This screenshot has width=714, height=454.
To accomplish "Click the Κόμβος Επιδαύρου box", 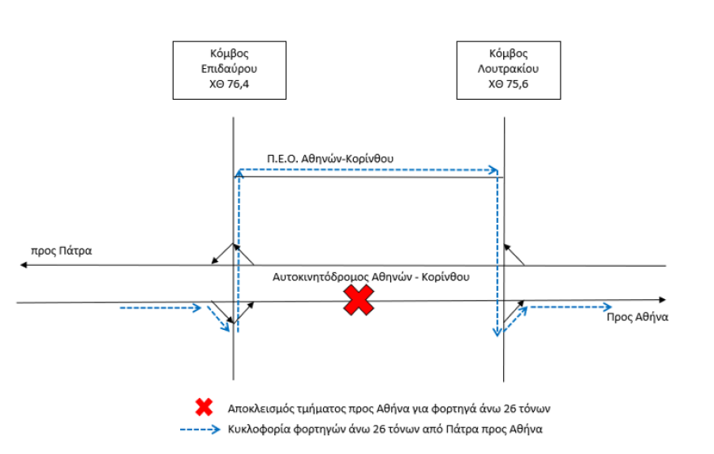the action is coord(230,70).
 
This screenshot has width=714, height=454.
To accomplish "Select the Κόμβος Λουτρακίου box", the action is coord(509,70).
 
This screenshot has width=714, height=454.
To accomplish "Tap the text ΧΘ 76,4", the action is coord(229,84).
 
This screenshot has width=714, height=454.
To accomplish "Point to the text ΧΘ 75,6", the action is coord(508,84).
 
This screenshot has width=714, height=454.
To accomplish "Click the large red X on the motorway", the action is coord(359,300).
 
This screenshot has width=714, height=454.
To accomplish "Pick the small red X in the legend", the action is coord(204,407).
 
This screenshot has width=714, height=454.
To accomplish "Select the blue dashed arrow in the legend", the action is coord(200,429).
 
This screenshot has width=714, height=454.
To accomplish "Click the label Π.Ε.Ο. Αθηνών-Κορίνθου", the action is coord(330,159).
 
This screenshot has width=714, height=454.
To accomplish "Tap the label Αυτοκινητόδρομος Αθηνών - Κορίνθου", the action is coord(371,277).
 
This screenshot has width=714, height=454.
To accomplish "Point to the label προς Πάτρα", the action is coord(62,251).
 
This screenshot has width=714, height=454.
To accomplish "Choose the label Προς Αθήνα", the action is coord(638,317).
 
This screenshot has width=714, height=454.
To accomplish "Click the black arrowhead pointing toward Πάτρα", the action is coord(24,265).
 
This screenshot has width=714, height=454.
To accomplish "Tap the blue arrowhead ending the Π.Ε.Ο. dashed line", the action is coord(493,170).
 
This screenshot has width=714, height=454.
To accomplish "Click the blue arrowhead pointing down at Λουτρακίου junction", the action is coord(497,332).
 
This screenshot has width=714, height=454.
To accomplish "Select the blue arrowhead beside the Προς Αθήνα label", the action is coord(607,307).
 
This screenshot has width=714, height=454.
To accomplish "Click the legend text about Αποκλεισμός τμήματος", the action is coord(389,409).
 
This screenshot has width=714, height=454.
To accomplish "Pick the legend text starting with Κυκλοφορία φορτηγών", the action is coord(385,430).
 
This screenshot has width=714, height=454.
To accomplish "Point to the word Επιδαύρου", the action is coord(229,69).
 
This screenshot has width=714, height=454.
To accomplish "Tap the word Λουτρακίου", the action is coord(508,69).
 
